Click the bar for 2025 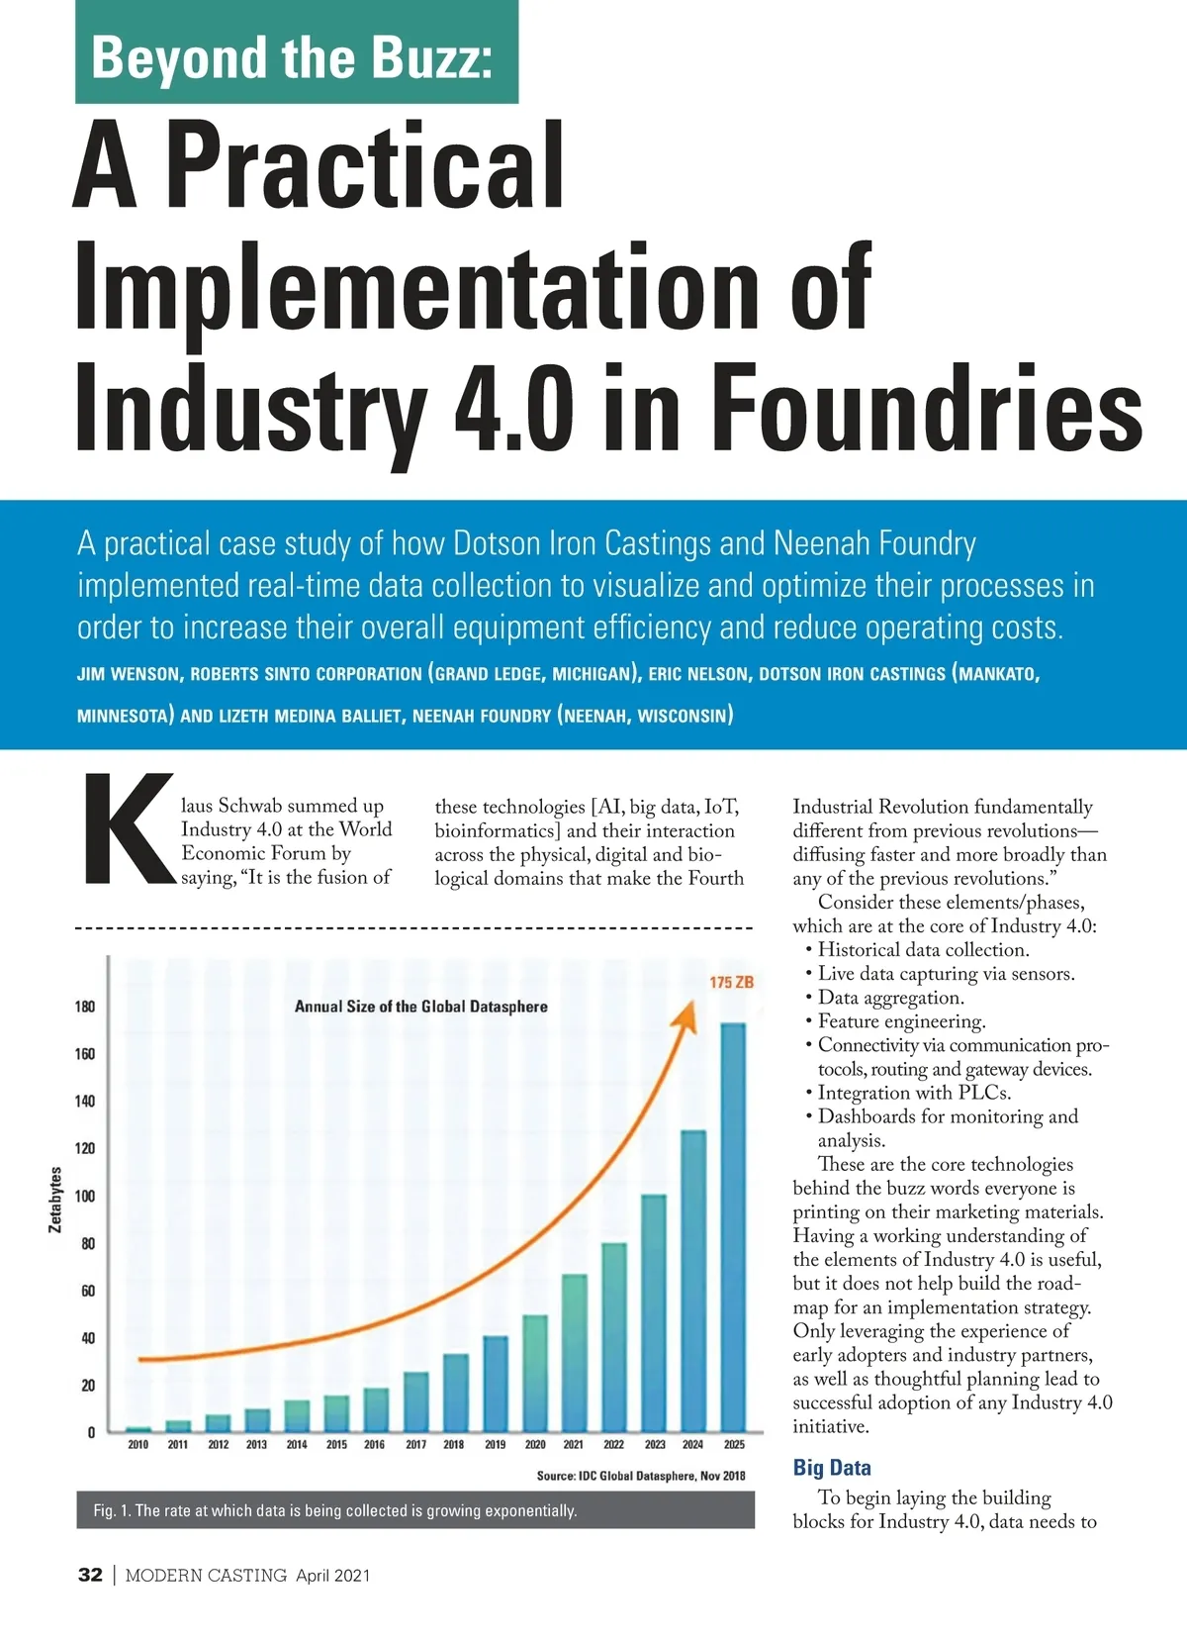(x=733, y=1227)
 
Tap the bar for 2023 (x=654, y=1312)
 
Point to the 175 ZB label (x=731, y=982)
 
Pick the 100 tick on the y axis (x=85, y=1196)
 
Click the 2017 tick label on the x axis (x=415, y=1444)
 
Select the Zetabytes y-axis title (x=55, y=1200)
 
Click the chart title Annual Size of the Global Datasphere (x=420, y=1007)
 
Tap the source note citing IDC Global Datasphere (x=641, y=1476)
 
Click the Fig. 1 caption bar (x=415, y=1510)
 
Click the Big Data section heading (x=832, y=1468)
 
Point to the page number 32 (x=90, y=1575)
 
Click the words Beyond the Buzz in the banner (x=292, y=57)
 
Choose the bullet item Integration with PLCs (x=914, y=1093)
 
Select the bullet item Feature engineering (x=901, y=1021)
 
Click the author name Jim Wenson (x=129, y=674)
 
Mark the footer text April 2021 (x=332, y=1576)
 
